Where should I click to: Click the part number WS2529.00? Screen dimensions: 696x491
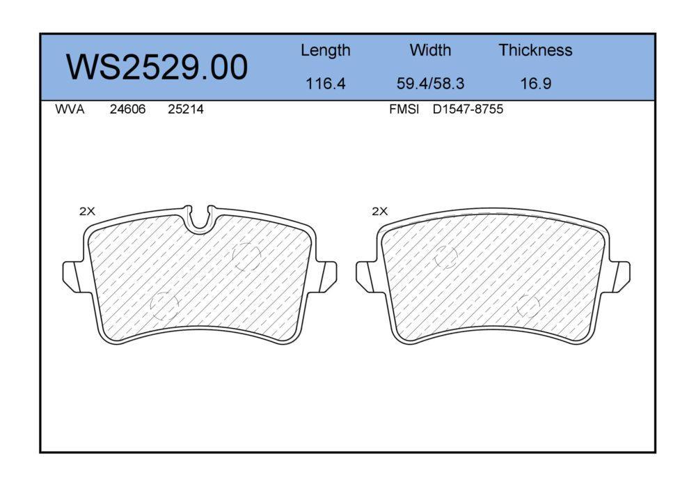[x=157, y=67]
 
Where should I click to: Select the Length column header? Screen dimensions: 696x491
[x=325, y=51]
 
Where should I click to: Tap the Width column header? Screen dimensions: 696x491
[x=430, y=49]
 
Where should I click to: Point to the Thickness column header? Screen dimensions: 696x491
[x=535, y=49]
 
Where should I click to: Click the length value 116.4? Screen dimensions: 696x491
[x=325, y=84]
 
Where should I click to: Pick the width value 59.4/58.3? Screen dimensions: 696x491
[x=430, y=84]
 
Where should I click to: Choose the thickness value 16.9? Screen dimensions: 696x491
[x=536, y=84]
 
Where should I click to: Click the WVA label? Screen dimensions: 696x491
[x=70, y=109]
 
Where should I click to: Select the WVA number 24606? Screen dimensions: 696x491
[x=127, y=109]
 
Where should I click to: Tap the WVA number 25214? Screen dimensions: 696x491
[x=186, y=109]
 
